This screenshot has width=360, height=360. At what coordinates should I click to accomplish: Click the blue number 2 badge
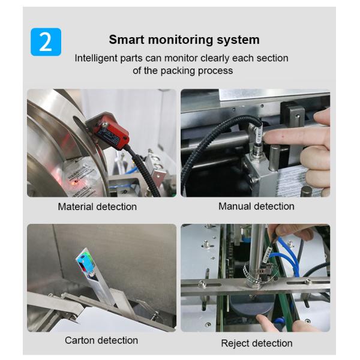(x=46, y=42)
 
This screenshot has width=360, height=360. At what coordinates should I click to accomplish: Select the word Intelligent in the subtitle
(x=96, y=58)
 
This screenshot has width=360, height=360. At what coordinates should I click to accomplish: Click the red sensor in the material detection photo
(x=112, y=132)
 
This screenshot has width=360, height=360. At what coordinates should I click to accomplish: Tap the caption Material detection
(x=97, y=206)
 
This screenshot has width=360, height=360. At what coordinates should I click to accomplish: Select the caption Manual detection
(x=256, y=206)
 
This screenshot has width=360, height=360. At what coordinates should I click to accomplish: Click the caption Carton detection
(x=101, y=340)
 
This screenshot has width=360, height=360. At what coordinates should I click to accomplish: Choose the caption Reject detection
(x=257, y=343)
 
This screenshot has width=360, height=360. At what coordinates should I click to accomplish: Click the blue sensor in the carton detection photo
(x=85, y=263)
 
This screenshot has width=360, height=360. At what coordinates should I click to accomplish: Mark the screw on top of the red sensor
(x=105, y=125)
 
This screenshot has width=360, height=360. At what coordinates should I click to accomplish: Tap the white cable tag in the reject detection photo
(x=267, y=255)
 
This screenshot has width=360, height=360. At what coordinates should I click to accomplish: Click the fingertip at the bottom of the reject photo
(x=260, y=318)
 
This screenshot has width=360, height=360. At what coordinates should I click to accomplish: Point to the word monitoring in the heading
(x=181, y=40)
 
